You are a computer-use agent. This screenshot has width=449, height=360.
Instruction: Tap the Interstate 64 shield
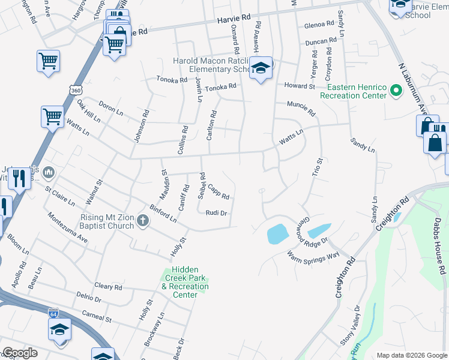point(53,313)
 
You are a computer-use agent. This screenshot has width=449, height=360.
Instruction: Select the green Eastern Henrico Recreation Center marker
point(396,91)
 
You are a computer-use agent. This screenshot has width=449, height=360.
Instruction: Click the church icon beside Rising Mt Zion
point(143,220)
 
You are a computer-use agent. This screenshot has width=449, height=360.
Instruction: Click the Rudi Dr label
point(215,213)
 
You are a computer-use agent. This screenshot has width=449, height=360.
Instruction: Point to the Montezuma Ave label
point(67,227)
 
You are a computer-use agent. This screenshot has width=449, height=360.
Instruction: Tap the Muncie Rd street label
point(301,109)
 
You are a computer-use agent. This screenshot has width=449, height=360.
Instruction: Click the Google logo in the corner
point(20,353)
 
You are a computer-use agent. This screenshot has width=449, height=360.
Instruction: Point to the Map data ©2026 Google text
point(411,355)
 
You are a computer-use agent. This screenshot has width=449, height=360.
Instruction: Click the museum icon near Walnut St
point(49,173)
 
